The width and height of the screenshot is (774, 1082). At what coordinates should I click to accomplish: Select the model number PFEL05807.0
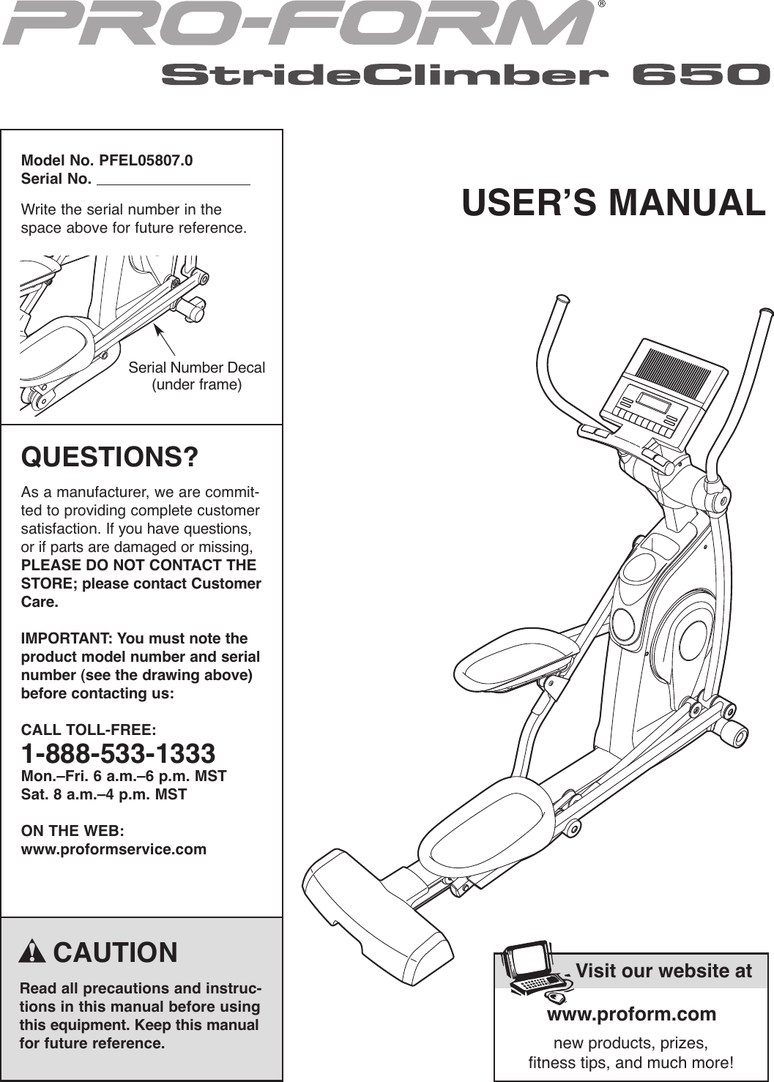click(x=146, y=160)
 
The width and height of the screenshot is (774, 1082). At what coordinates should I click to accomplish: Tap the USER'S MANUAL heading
click(x=613, y=203)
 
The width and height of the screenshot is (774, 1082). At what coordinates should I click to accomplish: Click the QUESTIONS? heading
click(x=110, y=458)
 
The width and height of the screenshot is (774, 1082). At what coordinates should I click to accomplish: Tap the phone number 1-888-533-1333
click(x=118, y=753)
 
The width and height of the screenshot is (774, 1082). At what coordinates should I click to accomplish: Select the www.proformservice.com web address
click(x=114, y=849)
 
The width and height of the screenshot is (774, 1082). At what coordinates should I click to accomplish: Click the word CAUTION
click(x=115, y=952)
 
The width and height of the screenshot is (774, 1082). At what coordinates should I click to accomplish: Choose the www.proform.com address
click(x=631, y=1014)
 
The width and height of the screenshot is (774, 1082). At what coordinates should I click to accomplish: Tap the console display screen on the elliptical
click(x=654, y=402)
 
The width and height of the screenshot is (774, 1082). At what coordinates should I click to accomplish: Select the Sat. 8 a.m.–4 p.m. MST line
click(x=104, y=794)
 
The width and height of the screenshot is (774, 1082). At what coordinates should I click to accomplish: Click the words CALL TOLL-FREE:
click(x=88, y=730)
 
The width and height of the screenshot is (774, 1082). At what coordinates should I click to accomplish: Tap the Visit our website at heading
click(x=663, y=971)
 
